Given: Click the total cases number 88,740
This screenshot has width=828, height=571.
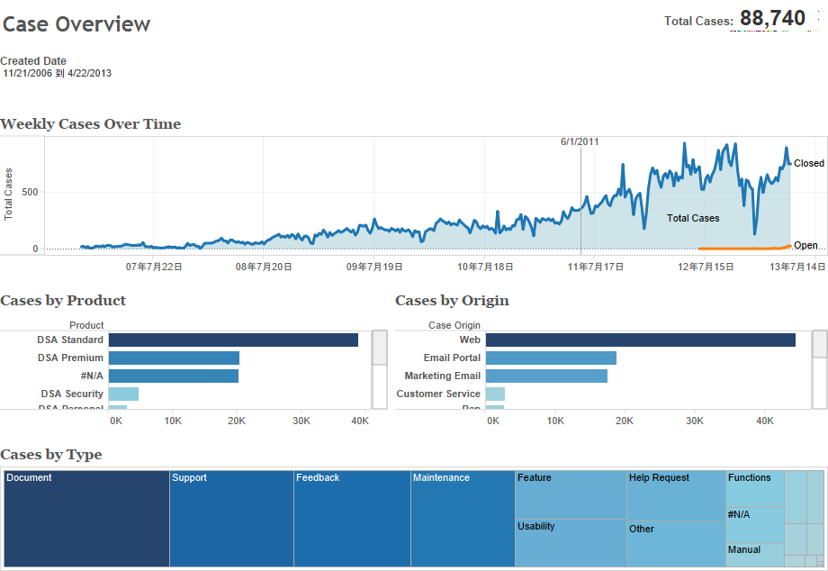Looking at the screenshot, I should click(x=772, y=19).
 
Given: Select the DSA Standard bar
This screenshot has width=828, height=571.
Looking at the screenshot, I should click(x=233, y=340).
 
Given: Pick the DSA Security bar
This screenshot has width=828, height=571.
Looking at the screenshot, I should click(x=123, y=394).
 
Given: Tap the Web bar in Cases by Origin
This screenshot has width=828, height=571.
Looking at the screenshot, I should click(x=640, y=340).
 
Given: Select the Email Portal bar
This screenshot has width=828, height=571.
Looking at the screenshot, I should click(x=551, y=358).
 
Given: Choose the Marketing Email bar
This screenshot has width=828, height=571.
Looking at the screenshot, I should click(x=546, y=376).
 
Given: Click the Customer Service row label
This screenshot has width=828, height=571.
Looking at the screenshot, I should click(x=438, y=394).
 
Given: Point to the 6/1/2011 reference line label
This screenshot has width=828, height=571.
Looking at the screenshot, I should click(x=580, y=141).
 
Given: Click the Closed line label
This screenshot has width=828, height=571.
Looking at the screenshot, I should click(x=808, y=163).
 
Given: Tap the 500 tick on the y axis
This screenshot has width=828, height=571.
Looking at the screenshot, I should click(x=30, y=192).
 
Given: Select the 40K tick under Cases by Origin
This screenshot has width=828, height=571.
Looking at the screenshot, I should click(x=764, y=421).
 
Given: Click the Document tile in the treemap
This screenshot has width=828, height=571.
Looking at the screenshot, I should click(x=86, y=518).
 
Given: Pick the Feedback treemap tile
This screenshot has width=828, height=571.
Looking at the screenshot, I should click(x=352, y=518).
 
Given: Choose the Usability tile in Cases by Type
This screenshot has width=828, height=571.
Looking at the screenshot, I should click(x=571, y=542).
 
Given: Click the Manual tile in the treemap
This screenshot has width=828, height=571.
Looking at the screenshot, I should click(x=754, y=554).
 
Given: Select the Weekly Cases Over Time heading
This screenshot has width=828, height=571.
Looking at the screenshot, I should click(x=91, y=124).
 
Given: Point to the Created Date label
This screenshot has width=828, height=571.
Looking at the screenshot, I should click(x=33, y=61).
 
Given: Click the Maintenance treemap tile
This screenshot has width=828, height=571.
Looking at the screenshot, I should click(x=463, y=518).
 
